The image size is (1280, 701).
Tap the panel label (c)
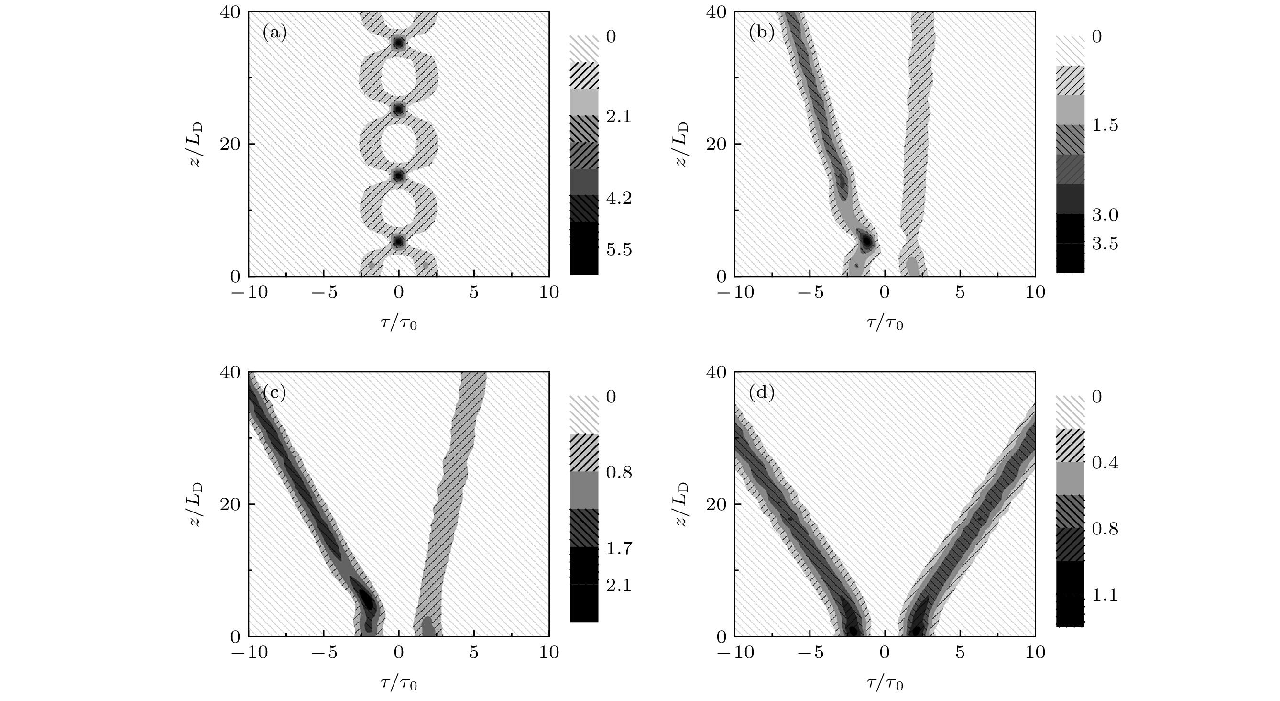[274, 393]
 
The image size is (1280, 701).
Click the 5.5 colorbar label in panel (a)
[619, 250]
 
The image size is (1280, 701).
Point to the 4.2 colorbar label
[619, 199]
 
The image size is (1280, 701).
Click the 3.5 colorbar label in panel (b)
[1105, 244]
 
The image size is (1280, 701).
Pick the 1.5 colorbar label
[1105, 125]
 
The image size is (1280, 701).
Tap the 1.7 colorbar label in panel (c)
[619, 549]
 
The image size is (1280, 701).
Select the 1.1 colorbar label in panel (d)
[1105, 595]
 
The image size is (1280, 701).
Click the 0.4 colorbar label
[1105, 463]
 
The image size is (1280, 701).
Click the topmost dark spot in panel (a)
[398, 43]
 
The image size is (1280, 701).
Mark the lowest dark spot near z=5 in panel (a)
[398, 242]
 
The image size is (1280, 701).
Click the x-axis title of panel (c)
[398, 684]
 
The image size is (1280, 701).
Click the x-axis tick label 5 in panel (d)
[960, 652]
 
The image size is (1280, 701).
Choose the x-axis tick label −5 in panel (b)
[810, 292]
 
